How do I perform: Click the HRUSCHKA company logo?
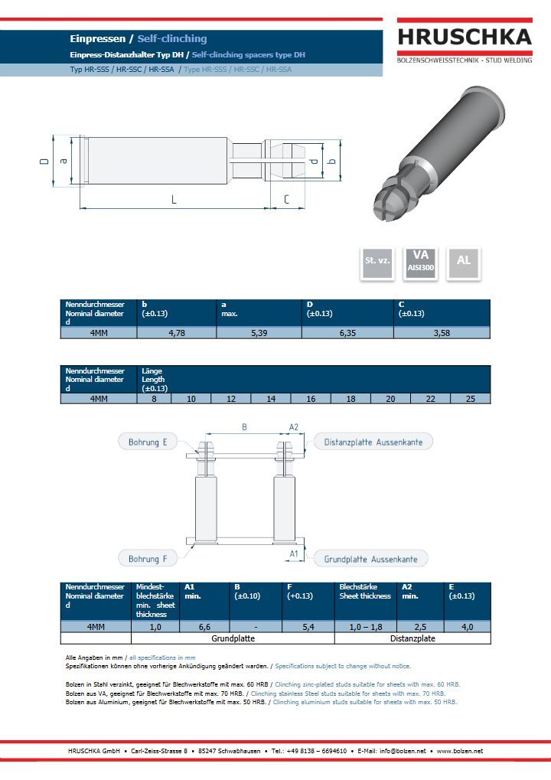(x=465, y=41)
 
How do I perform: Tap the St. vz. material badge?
(x=377, y=263)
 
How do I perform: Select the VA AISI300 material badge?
(x=421, y=263)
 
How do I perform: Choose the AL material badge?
(x=464, y=263)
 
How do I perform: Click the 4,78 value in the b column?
(x=177, y=333)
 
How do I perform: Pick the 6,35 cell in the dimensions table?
(x=347, y=333)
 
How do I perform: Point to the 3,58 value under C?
(x=442, y=333)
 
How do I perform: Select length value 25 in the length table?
(x=471, y=399)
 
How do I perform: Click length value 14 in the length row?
(x=271, y=399)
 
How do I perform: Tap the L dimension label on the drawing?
(x=174, y=200)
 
